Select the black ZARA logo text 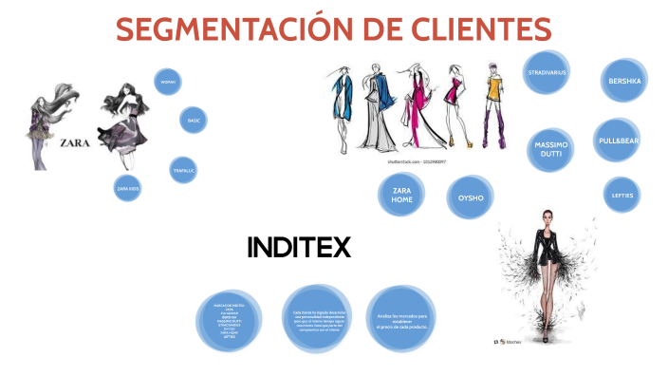coord(76,143)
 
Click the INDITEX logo coord(299,248)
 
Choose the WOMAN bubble coord(168,83)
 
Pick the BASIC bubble coord(194,121)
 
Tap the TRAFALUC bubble coord(184,170)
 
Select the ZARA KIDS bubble coord(127,188)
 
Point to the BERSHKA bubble coord(624,82)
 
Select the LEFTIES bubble coord(622,195)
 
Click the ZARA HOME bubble coord(401,196)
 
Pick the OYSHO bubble coord(471,198)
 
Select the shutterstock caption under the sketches coord(417,162)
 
